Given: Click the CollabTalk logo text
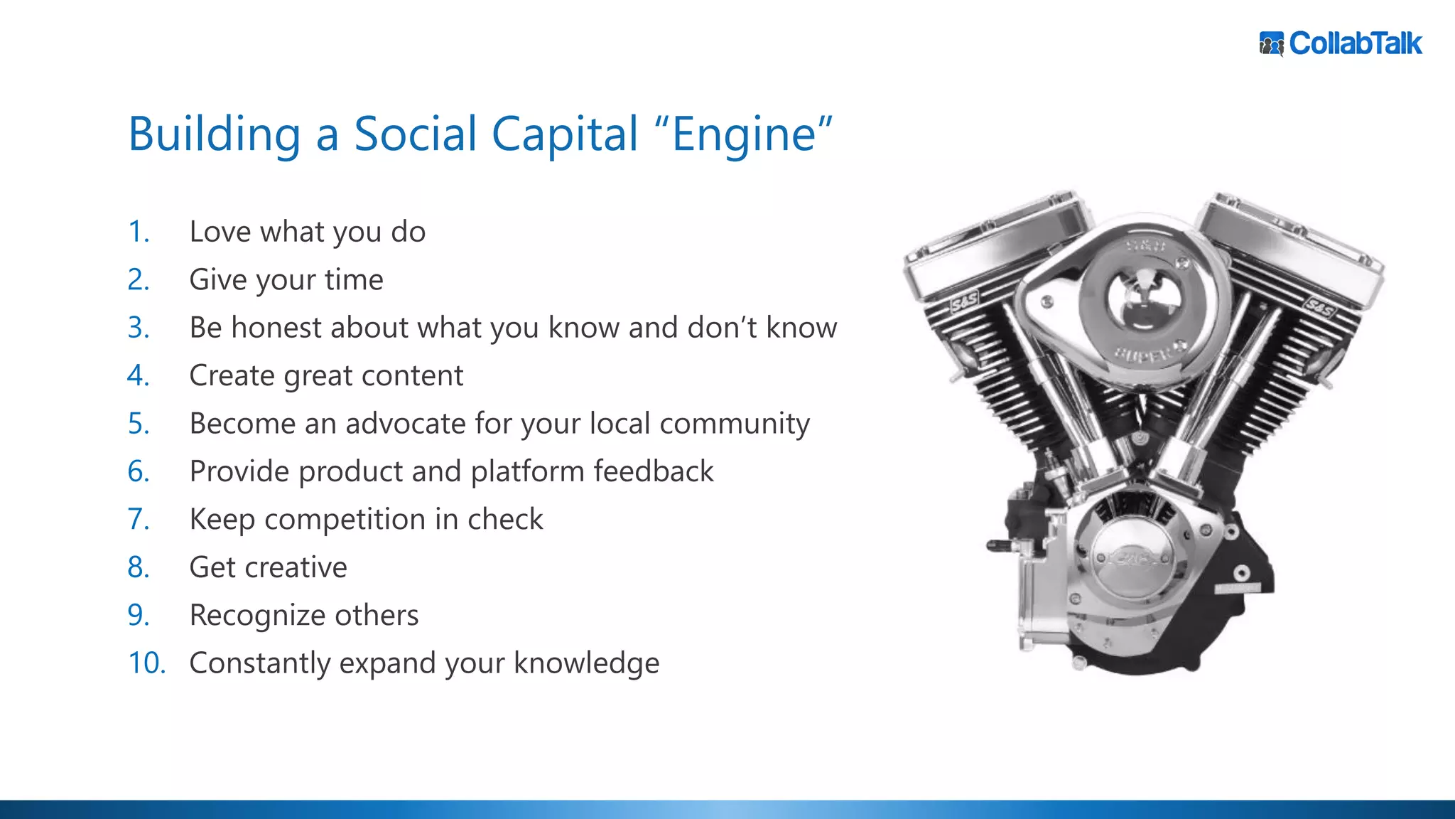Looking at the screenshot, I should tap(1356, 43).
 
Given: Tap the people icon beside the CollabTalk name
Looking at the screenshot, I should tap(1272, 44).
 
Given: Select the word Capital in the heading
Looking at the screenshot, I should tap(565, 134).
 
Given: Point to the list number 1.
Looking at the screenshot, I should tap(139, 232).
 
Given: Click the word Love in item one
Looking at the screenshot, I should tap(220, 232).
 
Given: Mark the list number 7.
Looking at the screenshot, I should tap(139, 519).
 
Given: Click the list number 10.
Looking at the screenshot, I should tap(146, 663).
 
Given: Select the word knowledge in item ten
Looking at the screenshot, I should tap(586, 663).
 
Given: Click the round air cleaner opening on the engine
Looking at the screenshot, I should tap(1144, 299).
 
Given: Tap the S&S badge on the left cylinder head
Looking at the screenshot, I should tap(964, 303).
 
